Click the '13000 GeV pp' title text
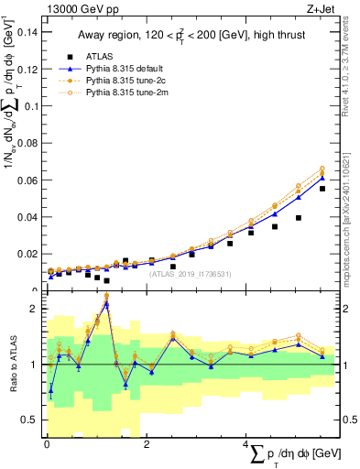coord(80,8)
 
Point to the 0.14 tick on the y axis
coord(27,31)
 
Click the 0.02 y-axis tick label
coord(27,254)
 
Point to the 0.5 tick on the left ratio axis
coord(32,420)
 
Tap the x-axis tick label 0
coord(47,444)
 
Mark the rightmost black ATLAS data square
coord(322,189)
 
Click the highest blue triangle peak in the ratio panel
coord(107,303)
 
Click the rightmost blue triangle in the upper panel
coord(322,178)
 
